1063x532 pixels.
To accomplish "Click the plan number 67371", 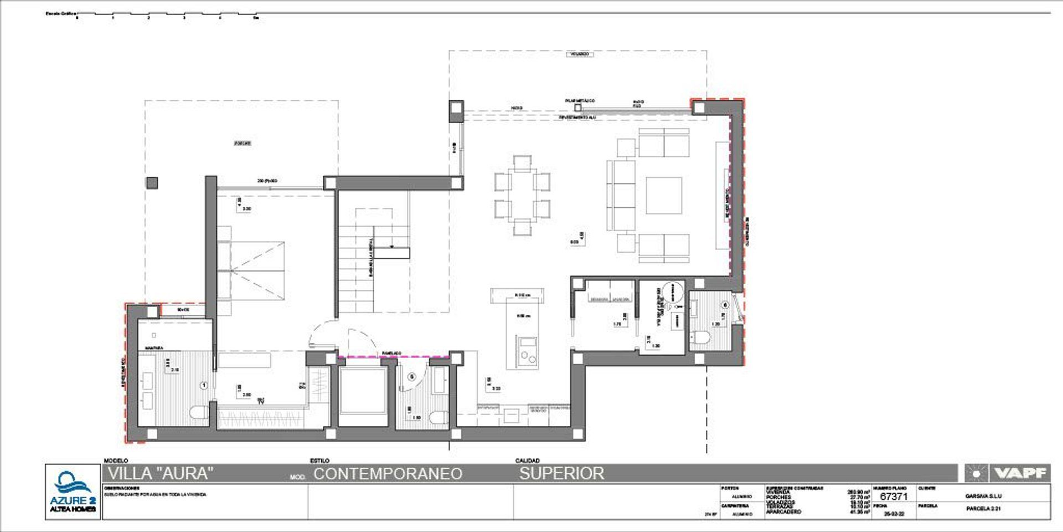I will [894, 497].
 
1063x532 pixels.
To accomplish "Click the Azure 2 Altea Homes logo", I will [73, 492].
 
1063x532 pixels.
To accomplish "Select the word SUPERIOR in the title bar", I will [561, 473].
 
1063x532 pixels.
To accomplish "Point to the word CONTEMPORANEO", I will [388, 474].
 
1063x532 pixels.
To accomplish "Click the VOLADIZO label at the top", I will [580, 54].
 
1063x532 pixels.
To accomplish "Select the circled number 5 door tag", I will [411, 376].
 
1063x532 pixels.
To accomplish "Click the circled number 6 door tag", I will [725, 304].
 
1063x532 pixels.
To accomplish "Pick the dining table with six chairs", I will [522, 195].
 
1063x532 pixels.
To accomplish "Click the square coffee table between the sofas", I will [664, 195].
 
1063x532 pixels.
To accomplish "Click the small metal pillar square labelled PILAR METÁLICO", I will [578, 108].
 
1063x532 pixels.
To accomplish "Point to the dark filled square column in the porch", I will [152, 182].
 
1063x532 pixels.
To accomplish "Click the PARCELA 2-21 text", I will [983, 508].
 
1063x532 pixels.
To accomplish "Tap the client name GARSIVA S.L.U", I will [983, 496].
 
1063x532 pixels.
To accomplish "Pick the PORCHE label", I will [242, 143].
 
